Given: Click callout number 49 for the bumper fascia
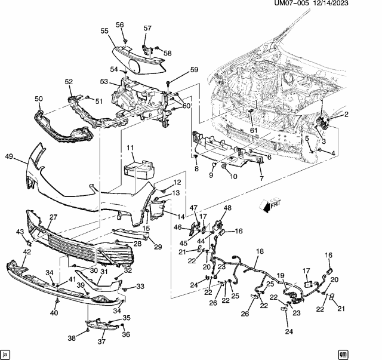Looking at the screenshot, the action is [x=9, y=156].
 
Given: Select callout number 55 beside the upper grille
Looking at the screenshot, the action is [x=104, y=31].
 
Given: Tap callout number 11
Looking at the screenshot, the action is [x=130, y=147].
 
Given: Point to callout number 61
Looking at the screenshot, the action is [x=254, y=130].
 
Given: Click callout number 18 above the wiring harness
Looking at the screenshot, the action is [x=260, y=251].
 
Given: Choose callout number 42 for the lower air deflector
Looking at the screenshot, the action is [x=27, y=252].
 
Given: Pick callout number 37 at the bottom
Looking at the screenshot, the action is [x=101, y=341].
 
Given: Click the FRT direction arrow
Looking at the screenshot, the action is [x=269, y=205].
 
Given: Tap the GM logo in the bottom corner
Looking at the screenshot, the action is [x=343, y=353].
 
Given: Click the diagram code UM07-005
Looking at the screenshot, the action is [x=291, y=3].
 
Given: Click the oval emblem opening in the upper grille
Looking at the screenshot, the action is [x=134, y=66].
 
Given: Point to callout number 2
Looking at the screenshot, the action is [x=346, y=114].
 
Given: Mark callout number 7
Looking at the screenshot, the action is [x=261, y=178].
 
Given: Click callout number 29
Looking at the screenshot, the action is [x=158, y=247].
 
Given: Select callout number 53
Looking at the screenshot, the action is [x=104, y=81].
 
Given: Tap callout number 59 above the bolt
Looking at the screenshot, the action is [x=194, y=70].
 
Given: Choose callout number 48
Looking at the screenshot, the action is [x=227, y=208].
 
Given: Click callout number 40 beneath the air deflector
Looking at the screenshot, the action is [x=54, y=312].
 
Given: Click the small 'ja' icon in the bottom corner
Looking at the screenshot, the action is [x=5, y=353].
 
